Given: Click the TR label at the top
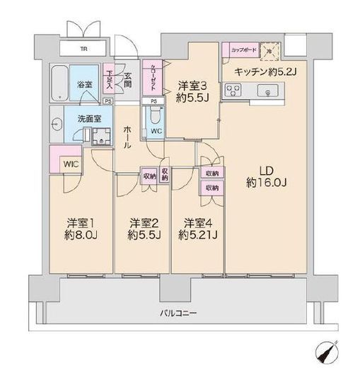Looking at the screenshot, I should (x=84, y=50).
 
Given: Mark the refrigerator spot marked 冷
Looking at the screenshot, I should (x=269, y=51).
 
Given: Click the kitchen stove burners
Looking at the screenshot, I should (x=234, y=90).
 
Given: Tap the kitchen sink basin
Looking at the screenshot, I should (x=268, y=90).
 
